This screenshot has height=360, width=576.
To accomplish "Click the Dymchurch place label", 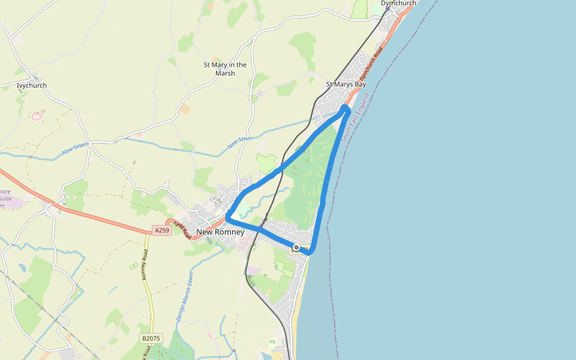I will click(398, 4).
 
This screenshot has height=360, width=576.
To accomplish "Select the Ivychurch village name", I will click(32, 86).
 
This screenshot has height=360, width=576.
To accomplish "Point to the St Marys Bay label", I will click(346, 85).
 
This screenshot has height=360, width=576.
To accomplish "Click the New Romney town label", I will click(220, 232).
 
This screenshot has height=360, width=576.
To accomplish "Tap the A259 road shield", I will click(161, 230).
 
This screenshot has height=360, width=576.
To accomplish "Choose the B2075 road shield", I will click(151, 338).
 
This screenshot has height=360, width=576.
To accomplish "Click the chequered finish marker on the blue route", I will click(296, 248).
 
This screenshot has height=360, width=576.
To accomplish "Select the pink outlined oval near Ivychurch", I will click(36, 116).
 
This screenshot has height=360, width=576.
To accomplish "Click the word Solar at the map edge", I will click(5, 199).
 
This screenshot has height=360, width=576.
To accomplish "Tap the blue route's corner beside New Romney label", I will click(229, 218).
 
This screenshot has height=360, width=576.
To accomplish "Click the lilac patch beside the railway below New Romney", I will click(253, 271).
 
